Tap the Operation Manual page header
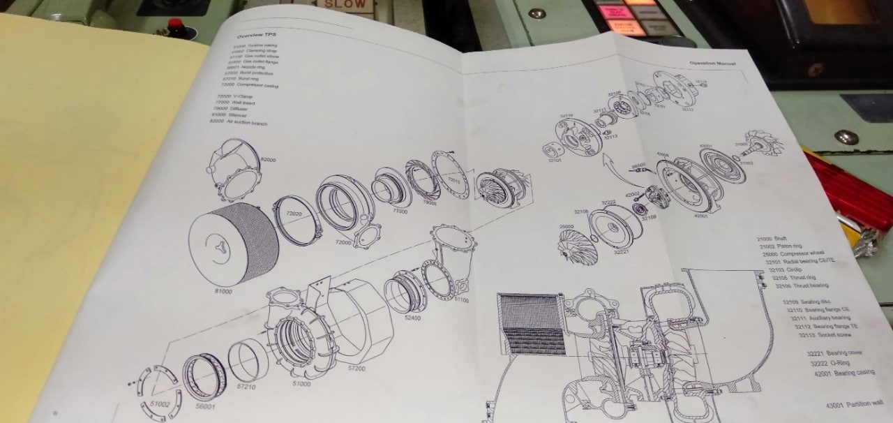click(712, 64)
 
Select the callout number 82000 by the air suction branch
click(268, 160)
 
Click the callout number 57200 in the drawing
click(357, 367)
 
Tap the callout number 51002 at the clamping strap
click(160, 404)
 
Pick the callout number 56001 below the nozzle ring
click(205, 406)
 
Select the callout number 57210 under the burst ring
click(246, 385)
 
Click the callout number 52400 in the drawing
click(413, 318)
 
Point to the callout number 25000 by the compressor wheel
click(566, 227)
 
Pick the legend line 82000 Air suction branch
click(239, 122)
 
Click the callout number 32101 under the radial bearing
click(554, 161)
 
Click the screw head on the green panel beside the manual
click(846, 137)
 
